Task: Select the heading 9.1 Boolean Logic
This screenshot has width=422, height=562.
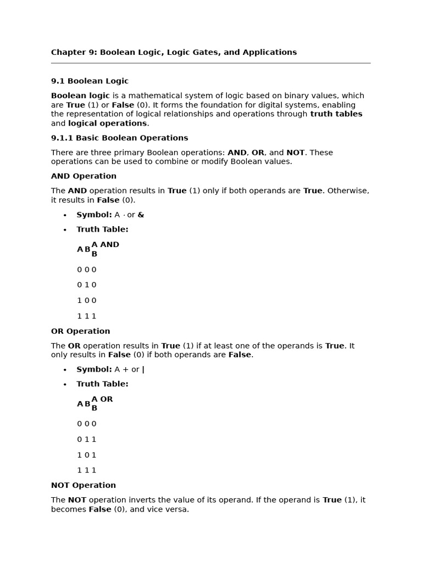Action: click(x=90, y=81)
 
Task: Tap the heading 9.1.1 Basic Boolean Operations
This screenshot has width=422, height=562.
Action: click(x=119, y=138)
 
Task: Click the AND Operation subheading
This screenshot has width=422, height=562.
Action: click(x=84, y=176)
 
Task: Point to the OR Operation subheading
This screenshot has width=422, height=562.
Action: click(x=80, y=331)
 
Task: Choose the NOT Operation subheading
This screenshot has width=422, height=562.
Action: click(x=83, y=486)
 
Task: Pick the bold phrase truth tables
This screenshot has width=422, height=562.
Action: click(x=336, y=114)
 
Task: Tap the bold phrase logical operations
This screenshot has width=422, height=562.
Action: click(x=107, y=123)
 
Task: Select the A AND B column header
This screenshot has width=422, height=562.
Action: click(x=105, y=249)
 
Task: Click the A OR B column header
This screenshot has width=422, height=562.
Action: click(x=102, y=403)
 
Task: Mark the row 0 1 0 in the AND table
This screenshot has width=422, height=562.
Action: click(x=86, y=285)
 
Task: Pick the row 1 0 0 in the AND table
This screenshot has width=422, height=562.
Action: click(x=86, y=301)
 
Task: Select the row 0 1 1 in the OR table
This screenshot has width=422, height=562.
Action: click(x=86, y=440)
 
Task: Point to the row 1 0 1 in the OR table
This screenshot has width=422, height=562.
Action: click(x=86, y=455)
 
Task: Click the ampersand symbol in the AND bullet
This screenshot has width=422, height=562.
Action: click(x=141, y=215)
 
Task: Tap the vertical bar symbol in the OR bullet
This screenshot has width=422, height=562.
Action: click(x=143, y=370)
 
